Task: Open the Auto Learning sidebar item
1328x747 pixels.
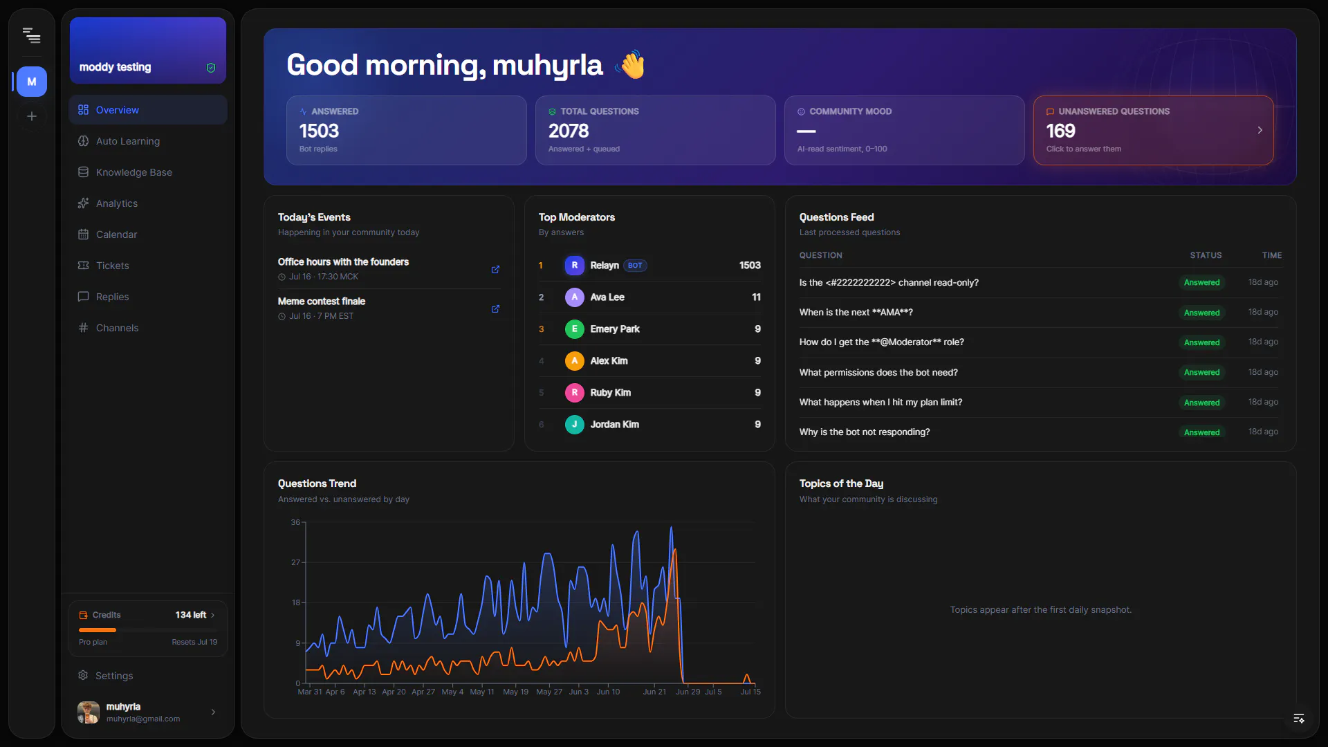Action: click(128, 141)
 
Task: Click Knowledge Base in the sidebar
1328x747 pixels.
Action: click(134, 172)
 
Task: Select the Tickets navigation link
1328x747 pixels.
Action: click(113, 266)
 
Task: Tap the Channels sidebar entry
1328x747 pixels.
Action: click(117, 328)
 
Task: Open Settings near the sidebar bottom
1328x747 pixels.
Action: click(114, 676)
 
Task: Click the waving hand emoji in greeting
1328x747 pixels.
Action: click(630, 65)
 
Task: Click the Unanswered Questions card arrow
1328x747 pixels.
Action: click(1260, 130)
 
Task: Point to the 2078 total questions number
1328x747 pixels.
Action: click(569, 131)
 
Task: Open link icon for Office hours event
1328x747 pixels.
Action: click(495, 269)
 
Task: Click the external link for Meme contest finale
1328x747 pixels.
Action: click(495, 308)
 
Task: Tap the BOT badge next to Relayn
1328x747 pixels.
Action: click(635, 266)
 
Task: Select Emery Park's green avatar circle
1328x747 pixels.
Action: click(574, 329)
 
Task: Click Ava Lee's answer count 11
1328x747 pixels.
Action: click(756, 297)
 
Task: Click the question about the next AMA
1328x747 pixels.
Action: click(856, 313)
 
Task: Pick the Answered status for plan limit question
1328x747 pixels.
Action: click(1201, 403)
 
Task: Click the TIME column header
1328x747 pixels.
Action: click(1271, 255)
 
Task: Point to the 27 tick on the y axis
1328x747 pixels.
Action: click(296, 562)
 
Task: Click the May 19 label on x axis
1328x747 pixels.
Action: click(515, 692)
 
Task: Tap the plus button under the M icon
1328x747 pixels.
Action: click(32, 116)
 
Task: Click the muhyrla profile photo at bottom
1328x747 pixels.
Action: click(89, 712)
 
